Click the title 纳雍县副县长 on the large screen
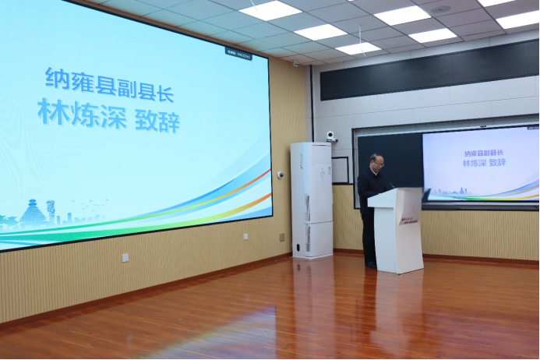pyautogui.click(x=109, y=83)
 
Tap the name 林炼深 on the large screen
pyautogui.click(x=81, y=113)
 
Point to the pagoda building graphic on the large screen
pyautogui.click(x=34, y=212)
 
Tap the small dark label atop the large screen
pyautogui.click(x=238, y=51)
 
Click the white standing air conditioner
pyautogui.click(x=311, y=199)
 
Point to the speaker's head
pyautogui.click(x=377, y=162)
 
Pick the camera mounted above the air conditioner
pyautogui.click(x=331, y=136)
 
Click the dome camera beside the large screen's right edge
pyautogui.click(x=281, y=175)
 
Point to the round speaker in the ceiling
pyautogui.click(x=440, y=9)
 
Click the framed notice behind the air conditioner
pyautogui.click(x=341, y=170)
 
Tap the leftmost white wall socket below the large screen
pyautogui.click(x=125, y=257)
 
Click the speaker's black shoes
pyautogui.click(x=371, y=266)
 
